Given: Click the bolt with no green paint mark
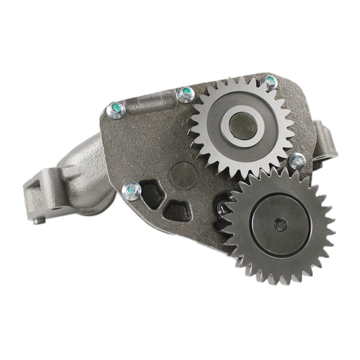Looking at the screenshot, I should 298,161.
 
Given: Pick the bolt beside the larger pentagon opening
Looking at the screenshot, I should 132,190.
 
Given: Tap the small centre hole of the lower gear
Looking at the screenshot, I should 280,225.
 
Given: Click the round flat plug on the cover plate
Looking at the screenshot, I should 184,175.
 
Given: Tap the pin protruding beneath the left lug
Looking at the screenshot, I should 39,221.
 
